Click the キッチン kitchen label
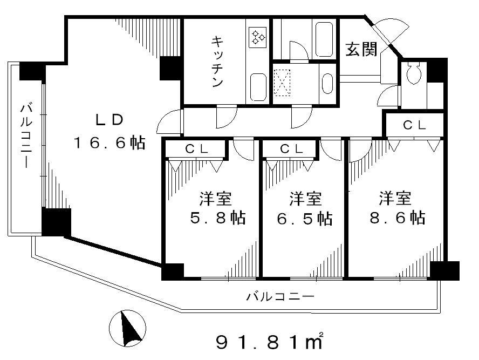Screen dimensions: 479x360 (x=217, y=62)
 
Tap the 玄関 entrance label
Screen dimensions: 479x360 (x=361, y=49)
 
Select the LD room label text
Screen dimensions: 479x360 (x=110, y=120)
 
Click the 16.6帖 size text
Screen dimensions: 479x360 (x=109, y=142)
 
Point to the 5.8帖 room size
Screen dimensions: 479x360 (x=218, y=218)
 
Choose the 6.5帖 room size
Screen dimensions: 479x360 (x=305, y=218)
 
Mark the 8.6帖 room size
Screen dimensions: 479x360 (x=397, y=218)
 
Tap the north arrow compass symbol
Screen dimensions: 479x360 (x=128, y=328)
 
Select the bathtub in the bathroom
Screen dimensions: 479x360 (x=324, y=39)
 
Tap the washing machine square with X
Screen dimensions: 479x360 (x=282, y=83)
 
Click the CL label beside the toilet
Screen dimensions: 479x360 (x=414, y=125)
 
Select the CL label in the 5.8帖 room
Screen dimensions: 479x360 (x=197, y=149)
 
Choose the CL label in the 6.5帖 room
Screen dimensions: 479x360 (x=292, y=149)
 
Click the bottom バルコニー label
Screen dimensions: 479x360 (x=280, y=296)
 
